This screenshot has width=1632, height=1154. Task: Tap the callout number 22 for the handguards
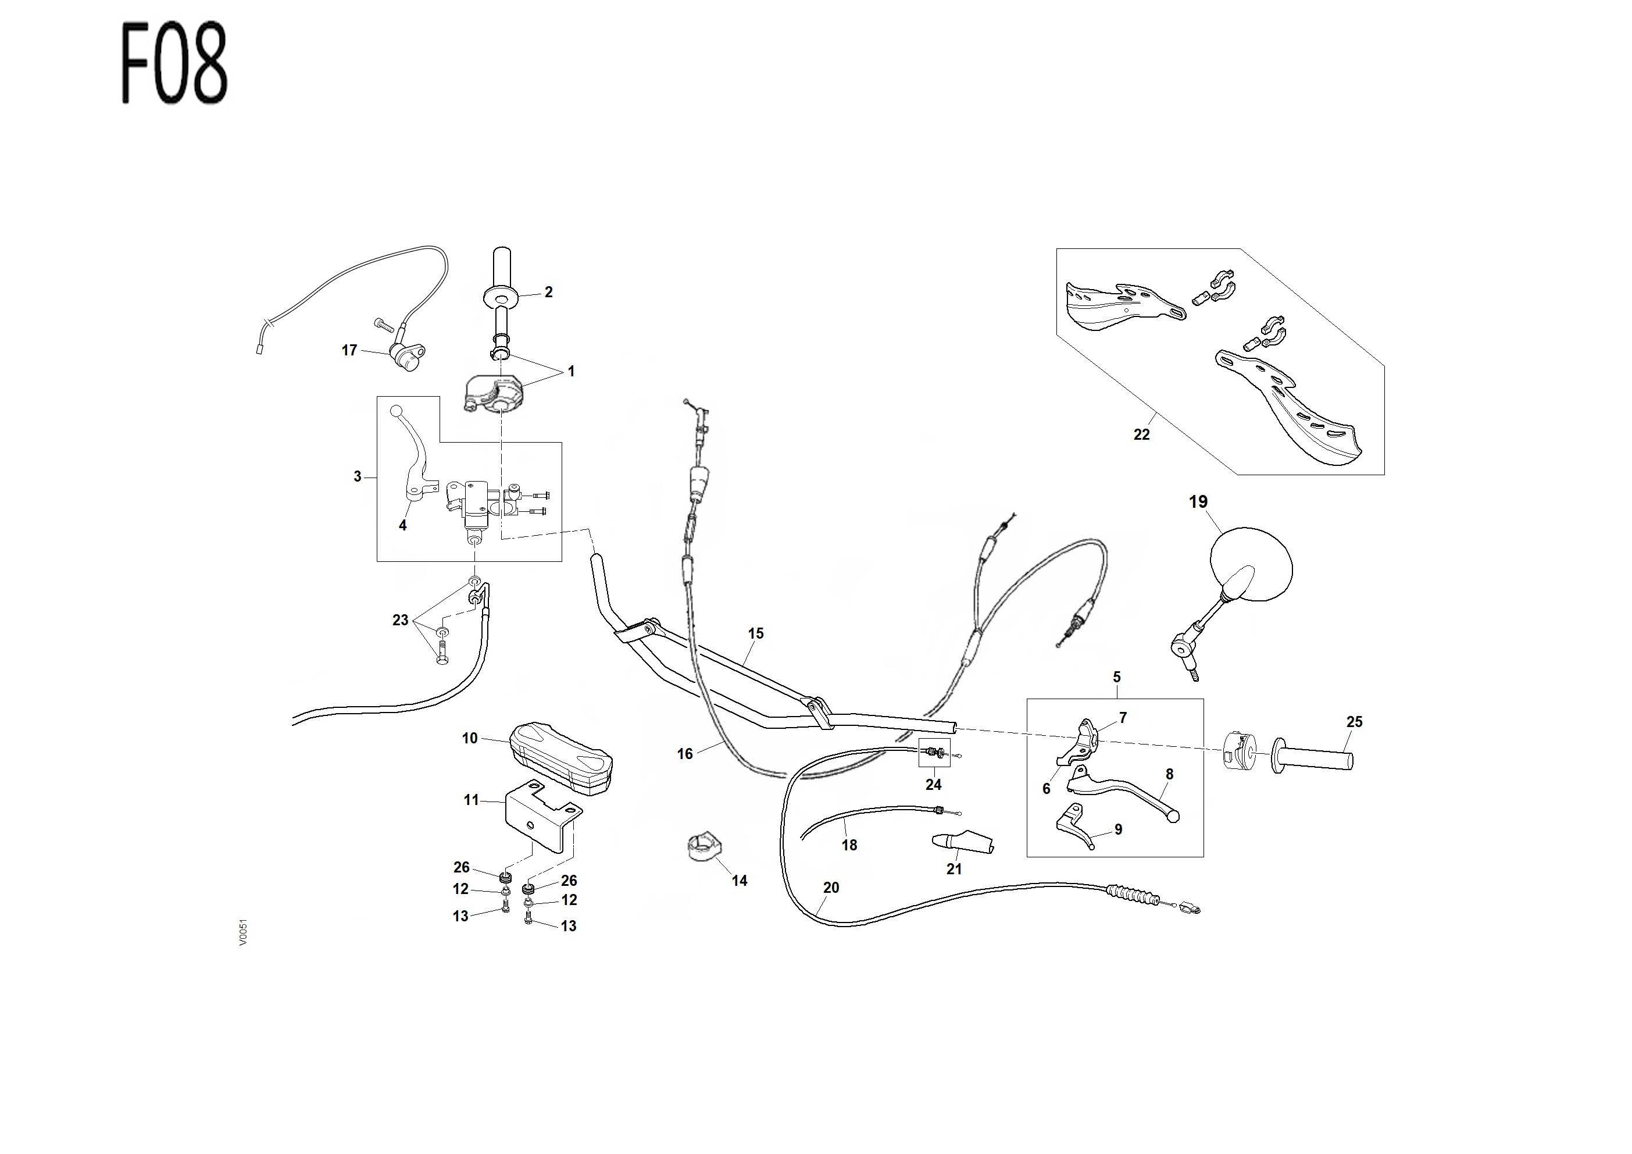[x=1141, y=434]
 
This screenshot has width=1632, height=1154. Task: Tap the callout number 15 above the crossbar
[x=756, y=633]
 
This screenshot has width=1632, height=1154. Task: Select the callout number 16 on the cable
[x=684, y=754]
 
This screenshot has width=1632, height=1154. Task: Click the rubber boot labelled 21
[x=962, y=841]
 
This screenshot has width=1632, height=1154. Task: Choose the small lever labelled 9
[x=1075, y=828]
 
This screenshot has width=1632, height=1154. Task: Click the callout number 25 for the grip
[x=1354, y=722]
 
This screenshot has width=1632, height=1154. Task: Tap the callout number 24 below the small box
[x=933, y=784]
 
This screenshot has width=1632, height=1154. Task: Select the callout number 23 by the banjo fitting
[x=400, y=620]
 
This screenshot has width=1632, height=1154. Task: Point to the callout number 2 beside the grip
[x=548, y=291]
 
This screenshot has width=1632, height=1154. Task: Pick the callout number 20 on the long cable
[x=831, y=888]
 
